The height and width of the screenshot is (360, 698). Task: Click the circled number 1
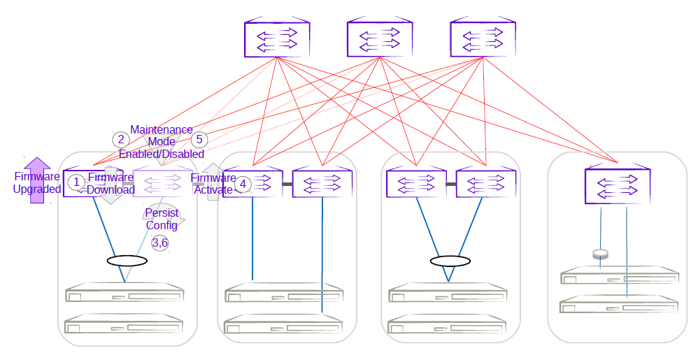pyautogui.click(x=76, y=182)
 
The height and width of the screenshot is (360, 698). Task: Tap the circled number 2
pyautogui.click(x=122, y=139)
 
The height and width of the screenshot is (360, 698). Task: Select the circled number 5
pyautogui.click(x=200, y=139)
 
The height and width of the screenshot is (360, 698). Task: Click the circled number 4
pyautogui.click(x=242, y=184)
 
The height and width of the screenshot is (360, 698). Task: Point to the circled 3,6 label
pyautogui.click(x=160, y=243)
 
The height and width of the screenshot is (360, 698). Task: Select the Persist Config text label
pyautogui.click(x=162, y=219)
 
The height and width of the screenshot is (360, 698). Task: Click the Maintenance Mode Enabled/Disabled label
pyautogui.click(x=162, y=141)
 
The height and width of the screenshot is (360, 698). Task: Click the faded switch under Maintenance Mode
pyautogui.click(x=163, y=184)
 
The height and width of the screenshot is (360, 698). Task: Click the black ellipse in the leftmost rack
pyautogui.click(x=127, y=261)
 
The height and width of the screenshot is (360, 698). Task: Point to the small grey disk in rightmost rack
pyautogui.click(x=599, y=254)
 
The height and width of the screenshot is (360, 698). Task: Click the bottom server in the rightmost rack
pyautogui.click(x=619, y=305)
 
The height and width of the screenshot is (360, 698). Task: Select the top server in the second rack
pyautogui.click(x=283, y=292)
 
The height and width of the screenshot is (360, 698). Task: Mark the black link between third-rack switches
pyautogui.click(x=451, y=184)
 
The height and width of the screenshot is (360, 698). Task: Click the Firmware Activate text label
pyautogui.click(x=213, y=184)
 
